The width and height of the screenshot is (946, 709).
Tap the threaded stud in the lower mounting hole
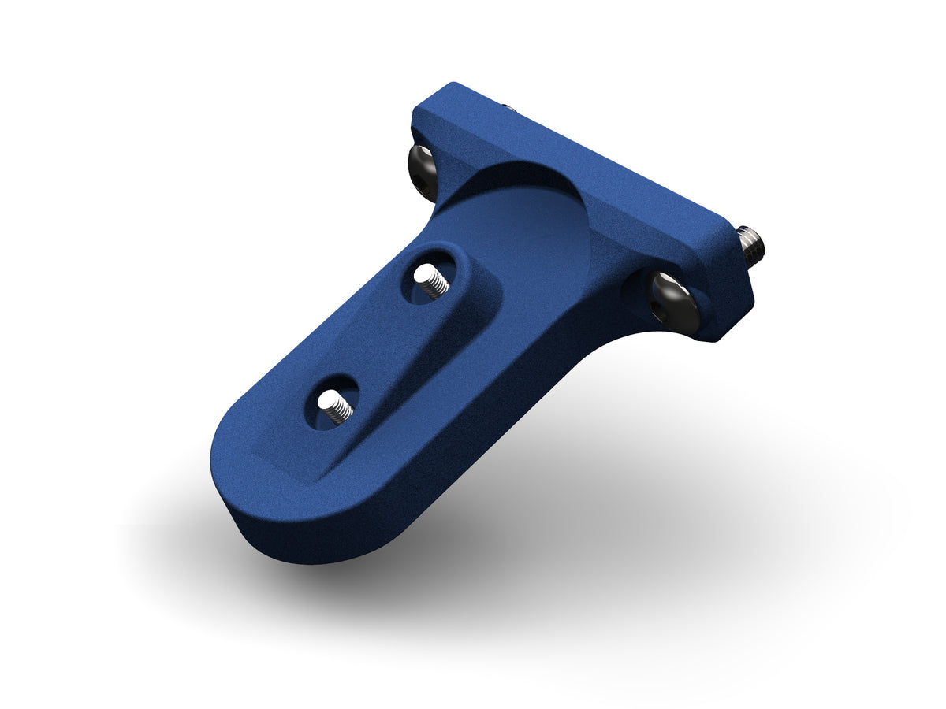pyautogui.click(x=336, y=408)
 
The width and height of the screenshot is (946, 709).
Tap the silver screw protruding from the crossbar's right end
pyautogui.click(x=751, y=243)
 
